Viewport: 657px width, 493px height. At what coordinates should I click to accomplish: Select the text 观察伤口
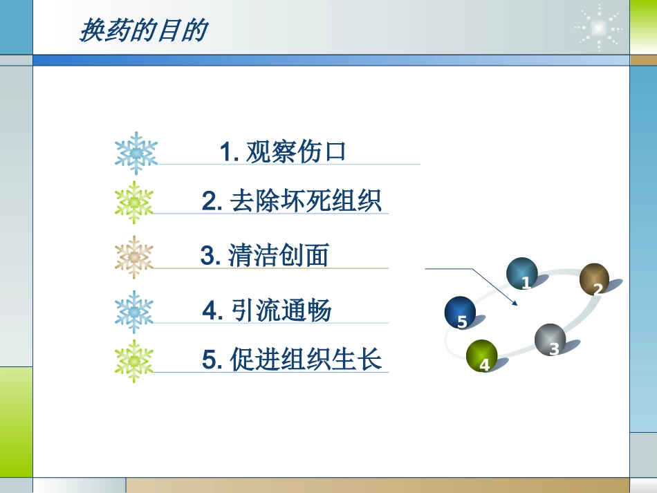tap(295, 151)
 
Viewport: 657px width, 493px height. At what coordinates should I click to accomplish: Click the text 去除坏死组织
tap(304, 202)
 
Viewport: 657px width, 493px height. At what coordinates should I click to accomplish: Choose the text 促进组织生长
tap(306, 360)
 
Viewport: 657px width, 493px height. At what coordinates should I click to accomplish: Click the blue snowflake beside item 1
tap(136, 153)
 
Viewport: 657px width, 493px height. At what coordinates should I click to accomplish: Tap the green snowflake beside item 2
tap(134, 203)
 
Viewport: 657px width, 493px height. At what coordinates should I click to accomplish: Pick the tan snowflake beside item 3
tap(134, 257)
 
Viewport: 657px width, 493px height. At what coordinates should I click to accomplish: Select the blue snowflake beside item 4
tap(134, 312)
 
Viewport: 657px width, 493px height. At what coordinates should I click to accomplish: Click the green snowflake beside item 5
tap(134, 362)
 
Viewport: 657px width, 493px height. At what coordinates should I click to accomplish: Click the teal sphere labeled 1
tap(522, 274)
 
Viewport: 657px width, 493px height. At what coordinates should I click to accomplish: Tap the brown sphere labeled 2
tap(594, 279)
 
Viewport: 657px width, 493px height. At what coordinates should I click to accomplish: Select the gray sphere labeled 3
tap(550, 339)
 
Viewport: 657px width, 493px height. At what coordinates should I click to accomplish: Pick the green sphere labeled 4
tap(481, 355)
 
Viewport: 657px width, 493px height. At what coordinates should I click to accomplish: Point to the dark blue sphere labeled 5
tap(461, 313)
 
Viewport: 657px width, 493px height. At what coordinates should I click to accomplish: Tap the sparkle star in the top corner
tap(599, 27)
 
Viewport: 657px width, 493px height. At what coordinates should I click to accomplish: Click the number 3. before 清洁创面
tap(210, 257)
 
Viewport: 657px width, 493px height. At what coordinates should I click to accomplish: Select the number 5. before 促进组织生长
tap(212, 360)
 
